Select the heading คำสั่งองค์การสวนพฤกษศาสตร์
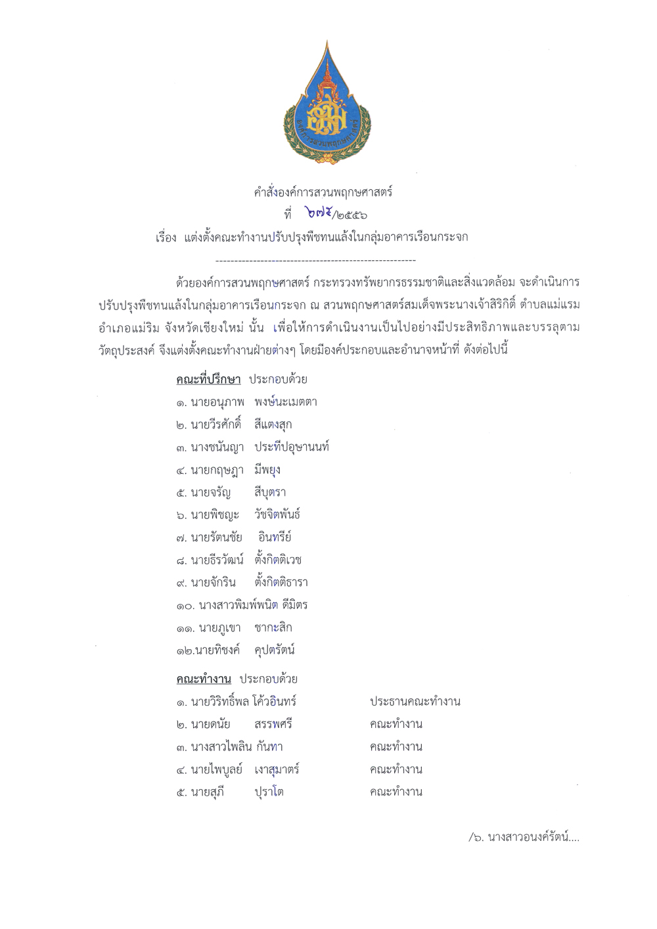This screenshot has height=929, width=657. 323,193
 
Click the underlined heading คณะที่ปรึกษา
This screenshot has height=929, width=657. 208,380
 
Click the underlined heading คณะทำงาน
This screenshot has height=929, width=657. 204,679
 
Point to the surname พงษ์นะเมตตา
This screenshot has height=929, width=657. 286,402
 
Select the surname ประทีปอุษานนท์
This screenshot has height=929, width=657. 292,447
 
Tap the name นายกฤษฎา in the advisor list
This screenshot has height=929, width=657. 217,470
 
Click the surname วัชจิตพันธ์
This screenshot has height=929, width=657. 277,515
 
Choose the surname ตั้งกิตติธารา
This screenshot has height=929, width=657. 281,583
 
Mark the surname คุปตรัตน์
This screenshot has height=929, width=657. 275,650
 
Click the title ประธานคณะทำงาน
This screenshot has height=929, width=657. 415,702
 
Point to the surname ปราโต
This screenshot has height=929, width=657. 269,792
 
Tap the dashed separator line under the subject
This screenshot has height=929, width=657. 315,261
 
